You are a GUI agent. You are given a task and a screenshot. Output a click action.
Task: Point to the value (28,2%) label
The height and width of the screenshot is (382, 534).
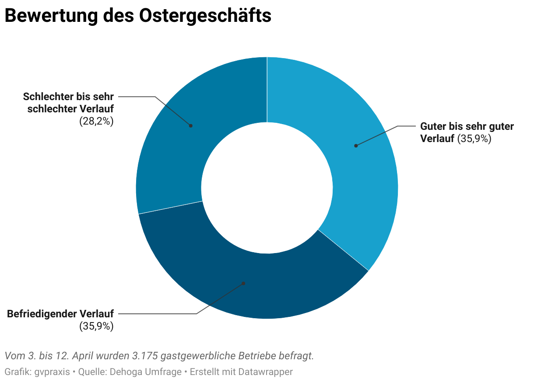(96, 122)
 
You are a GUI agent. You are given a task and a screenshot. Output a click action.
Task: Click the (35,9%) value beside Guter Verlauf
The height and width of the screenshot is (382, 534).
(474, 139)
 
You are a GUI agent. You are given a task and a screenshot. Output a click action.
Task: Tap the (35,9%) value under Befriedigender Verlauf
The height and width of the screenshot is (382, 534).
(96, 326)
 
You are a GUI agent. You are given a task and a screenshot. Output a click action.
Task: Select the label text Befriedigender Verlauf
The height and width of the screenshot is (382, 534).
(60, 313)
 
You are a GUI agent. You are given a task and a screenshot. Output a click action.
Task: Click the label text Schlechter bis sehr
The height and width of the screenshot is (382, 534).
(68, 96)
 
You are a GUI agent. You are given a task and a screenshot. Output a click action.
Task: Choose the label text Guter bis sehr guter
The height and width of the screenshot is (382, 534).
(467, 126)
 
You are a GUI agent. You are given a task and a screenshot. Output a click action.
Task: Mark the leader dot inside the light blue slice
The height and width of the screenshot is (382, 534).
(356, 146)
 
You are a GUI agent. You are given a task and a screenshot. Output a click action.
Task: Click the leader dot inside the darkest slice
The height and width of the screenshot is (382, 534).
(244, 283)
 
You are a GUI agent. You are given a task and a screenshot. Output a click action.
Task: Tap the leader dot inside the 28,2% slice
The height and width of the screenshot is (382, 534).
(191, 125)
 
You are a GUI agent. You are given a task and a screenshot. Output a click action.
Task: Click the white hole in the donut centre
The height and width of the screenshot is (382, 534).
(267, 188)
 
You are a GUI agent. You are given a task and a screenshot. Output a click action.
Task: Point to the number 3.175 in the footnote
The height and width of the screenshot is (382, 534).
(144, 356)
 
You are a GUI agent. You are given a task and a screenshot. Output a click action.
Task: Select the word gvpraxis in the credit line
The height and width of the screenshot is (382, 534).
(52, 372)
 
